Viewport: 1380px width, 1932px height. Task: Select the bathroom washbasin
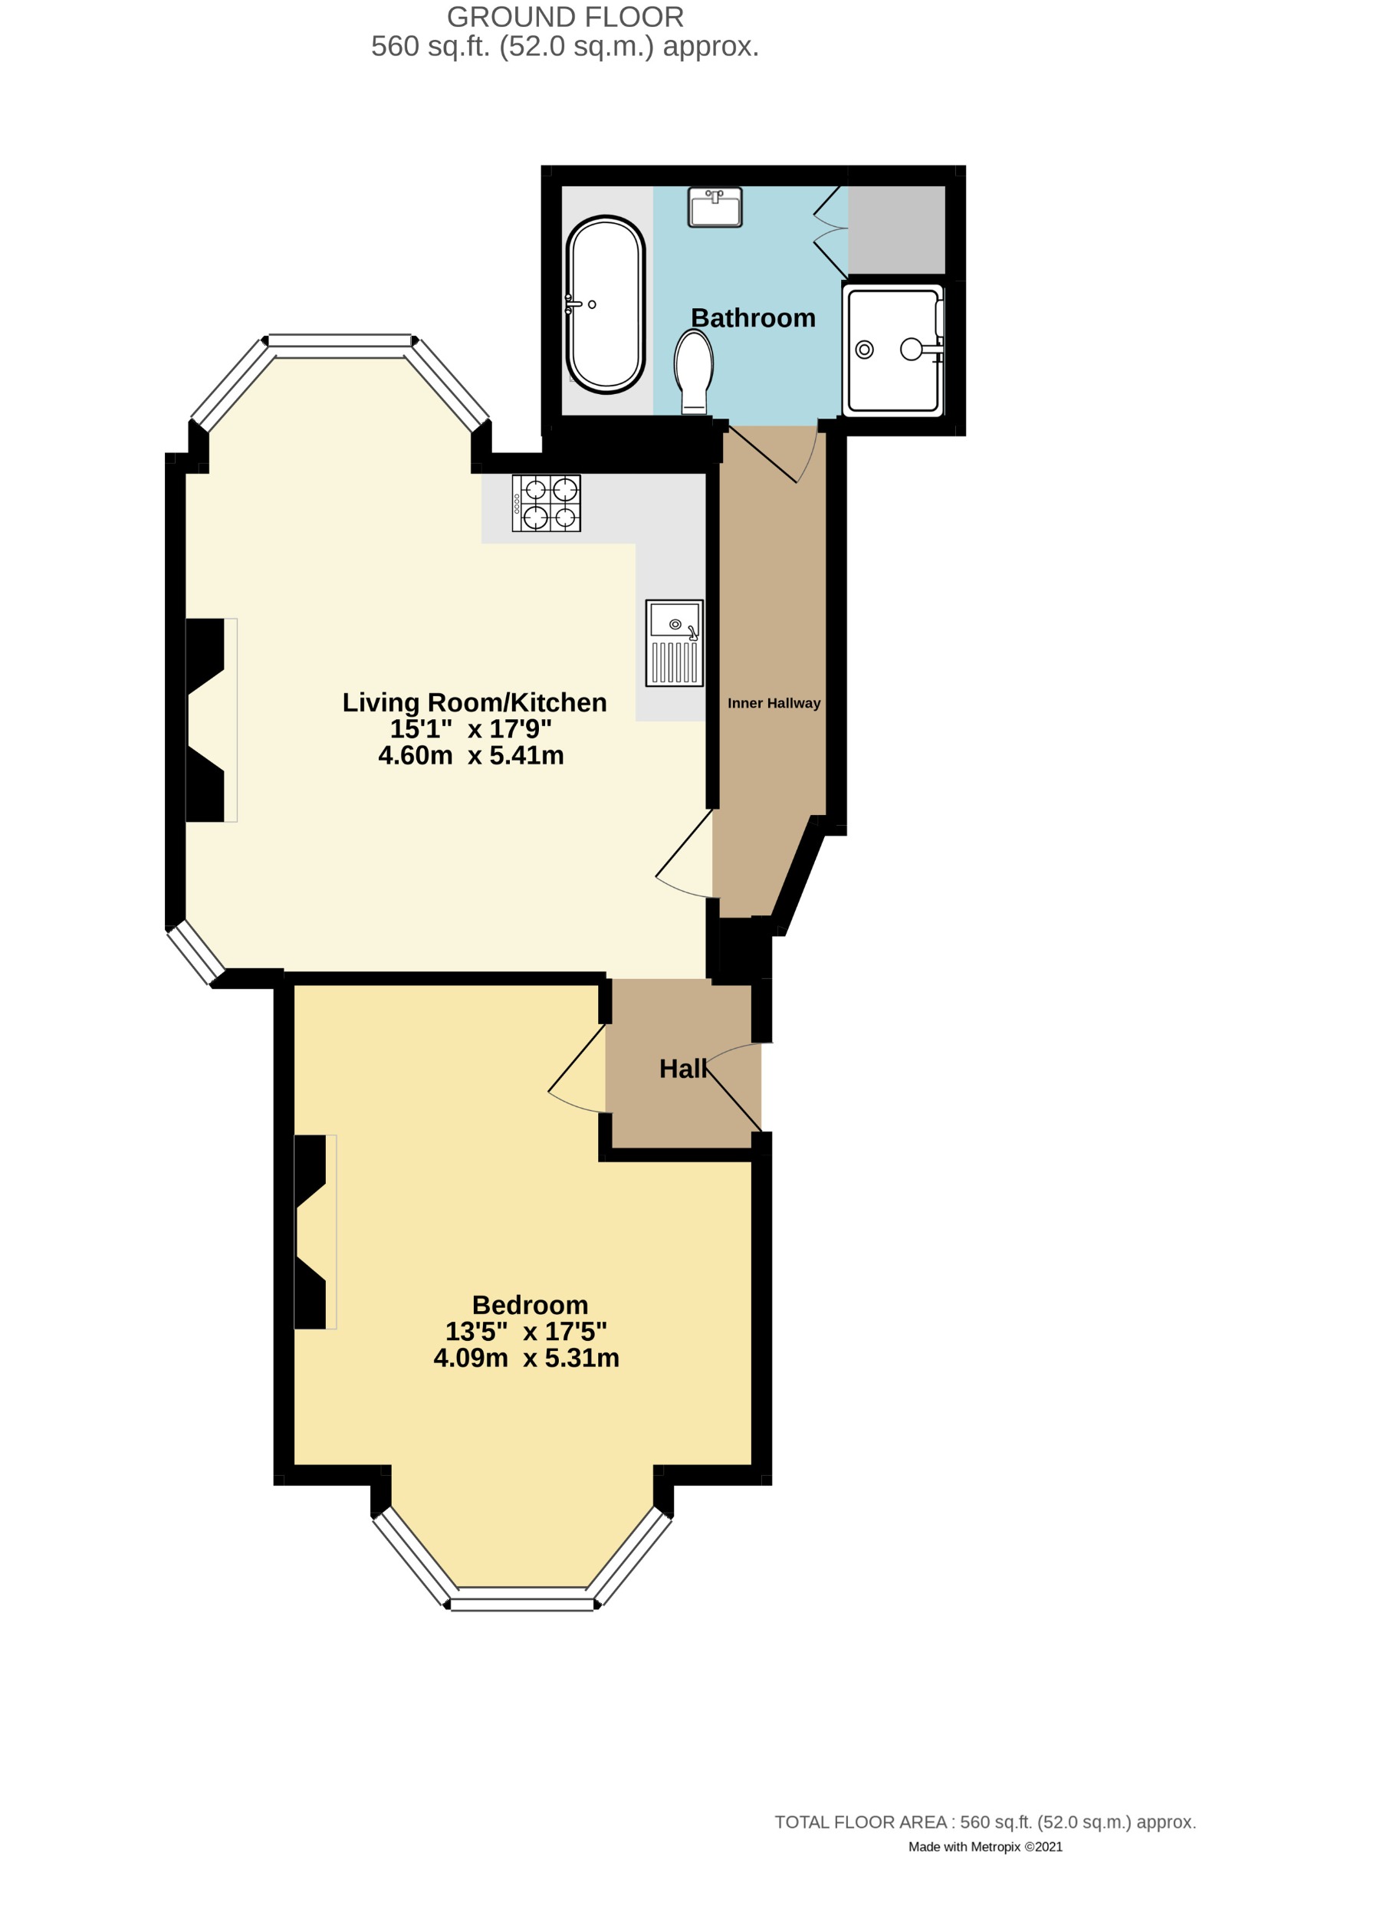pyautogui.click(x=715, y=207)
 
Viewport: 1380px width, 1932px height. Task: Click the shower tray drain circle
pyautogui.click(x=864, y=349)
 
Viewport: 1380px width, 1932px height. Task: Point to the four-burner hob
pyautogui.click(x=546, y=503)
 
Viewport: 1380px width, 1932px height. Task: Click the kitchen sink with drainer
pyautogui.click(x=674, y=642)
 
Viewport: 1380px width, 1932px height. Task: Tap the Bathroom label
pyautogui.click(x=753, y=317)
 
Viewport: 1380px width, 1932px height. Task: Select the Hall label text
pyautogui.click(x=682, y=1069)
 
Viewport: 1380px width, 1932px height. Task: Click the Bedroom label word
pyautogui.click(x=530, y=1304)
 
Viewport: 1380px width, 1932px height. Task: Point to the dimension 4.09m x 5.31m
pyautogui.click(x=526, y=1358)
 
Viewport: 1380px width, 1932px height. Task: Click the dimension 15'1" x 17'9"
pyautogui.click(x=471, y=729)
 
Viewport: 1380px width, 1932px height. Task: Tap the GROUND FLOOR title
pyautogui.click(x=565, y=17)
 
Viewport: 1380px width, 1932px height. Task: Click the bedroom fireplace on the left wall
pyautogui.click(x=313, y=1232)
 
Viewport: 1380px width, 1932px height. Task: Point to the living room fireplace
pyautogui.click(x=209, y=720)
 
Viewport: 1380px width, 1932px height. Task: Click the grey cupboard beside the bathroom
pyautogui.click(x=896, y=229)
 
